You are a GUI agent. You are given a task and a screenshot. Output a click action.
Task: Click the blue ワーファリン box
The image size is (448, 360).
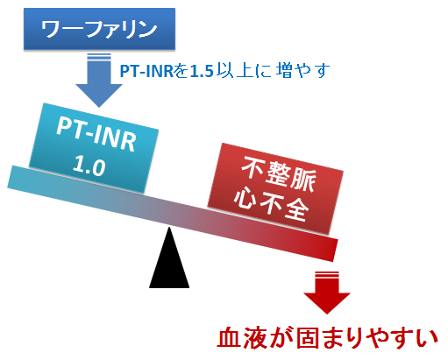tap(99, 29)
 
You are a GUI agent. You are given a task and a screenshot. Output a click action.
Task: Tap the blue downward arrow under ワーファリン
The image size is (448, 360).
tap(99, 81)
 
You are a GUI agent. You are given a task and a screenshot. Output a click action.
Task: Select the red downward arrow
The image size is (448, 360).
tap(327, 293)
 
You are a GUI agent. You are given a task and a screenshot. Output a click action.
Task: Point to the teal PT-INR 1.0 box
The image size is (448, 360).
tap(94, 148)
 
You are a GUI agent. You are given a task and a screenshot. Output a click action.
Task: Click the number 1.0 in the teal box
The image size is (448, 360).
tap(89, 166)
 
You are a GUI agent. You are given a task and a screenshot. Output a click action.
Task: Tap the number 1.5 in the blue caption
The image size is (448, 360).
tap(202, 71)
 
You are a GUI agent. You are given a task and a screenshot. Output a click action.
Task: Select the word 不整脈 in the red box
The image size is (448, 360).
tap(279, 173)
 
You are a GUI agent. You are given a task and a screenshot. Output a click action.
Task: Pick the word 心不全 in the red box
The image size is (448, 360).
tap(271, 202)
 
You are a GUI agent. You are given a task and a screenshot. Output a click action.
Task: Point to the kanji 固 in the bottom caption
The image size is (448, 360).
tap(307, 338)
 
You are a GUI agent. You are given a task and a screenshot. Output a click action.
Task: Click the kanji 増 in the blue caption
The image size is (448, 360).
tap(283, 71)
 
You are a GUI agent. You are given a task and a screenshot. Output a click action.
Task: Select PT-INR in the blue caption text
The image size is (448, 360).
tap(147, 71)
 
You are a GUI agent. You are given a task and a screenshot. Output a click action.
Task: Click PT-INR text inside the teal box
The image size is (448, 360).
tap(96, 134)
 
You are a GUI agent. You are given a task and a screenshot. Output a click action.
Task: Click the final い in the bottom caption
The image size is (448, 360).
tap(427, 339)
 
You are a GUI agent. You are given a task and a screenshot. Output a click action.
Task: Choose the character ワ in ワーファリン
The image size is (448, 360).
tap(51, 29)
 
